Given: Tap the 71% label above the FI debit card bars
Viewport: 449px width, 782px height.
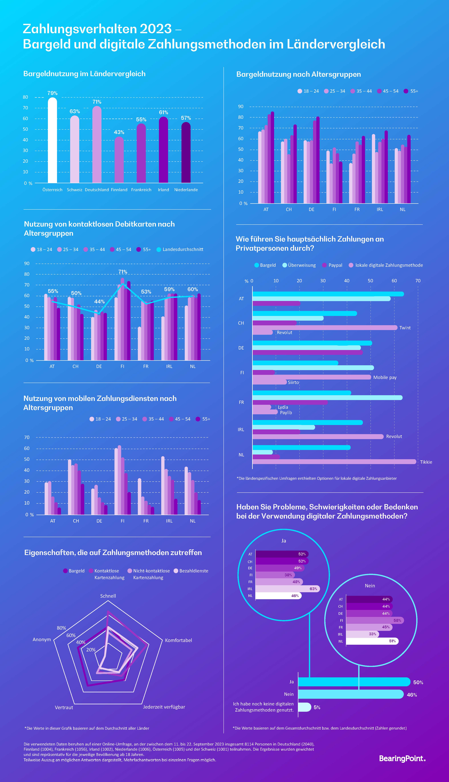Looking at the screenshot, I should pos(123,272).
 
